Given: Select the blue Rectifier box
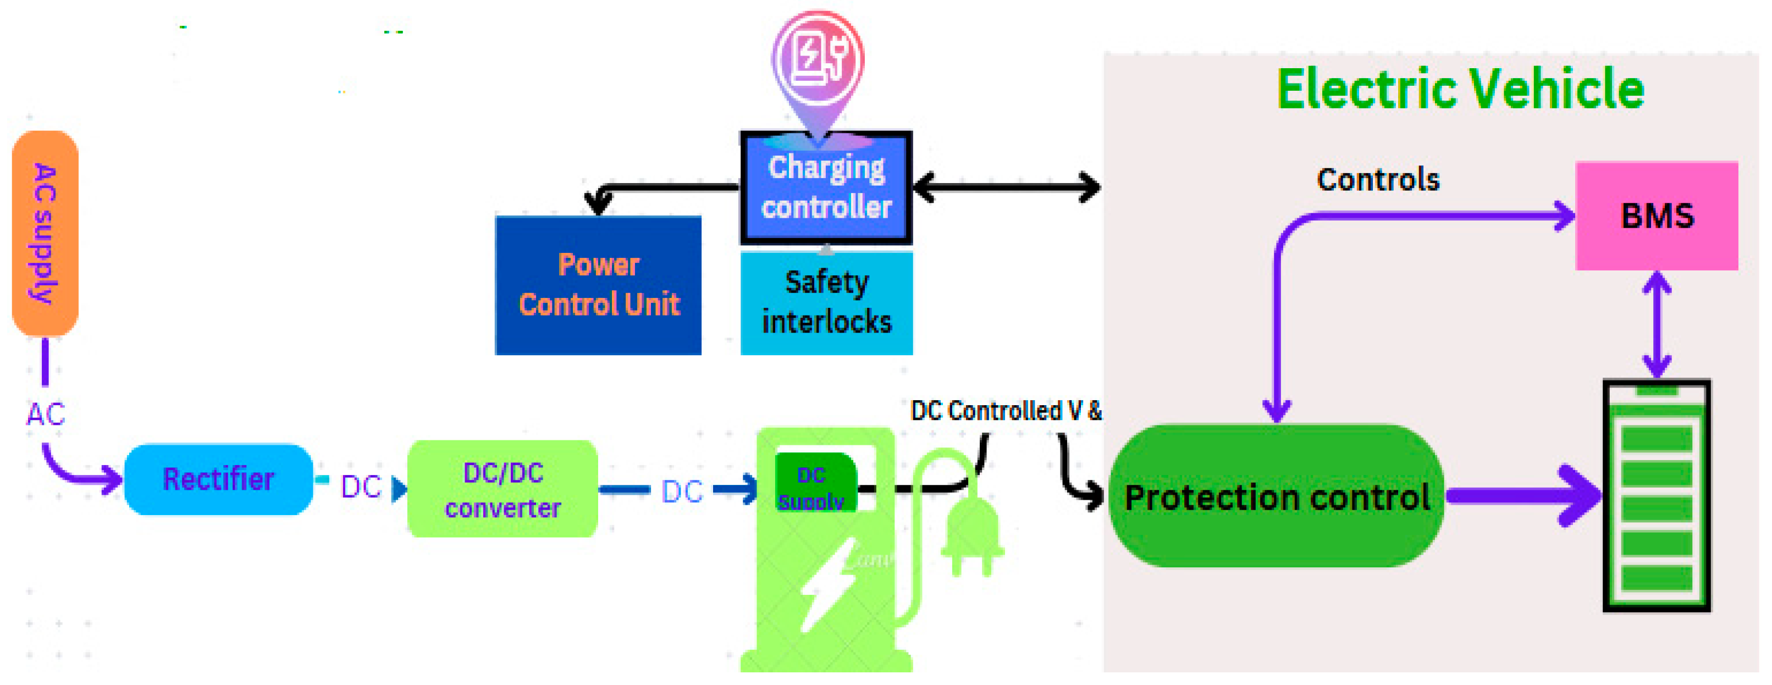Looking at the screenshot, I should click(218, 479).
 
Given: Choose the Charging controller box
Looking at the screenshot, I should click(826, 187).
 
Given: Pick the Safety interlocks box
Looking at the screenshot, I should click(826, 302).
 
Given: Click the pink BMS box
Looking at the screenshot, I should click(1657, 216).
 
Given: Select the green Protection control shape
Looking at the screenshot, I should click(1276, 496).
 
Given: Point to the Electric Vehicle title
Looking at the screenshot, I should click(1460, 90).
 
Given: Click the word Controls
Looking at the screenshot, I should click(1377, 180).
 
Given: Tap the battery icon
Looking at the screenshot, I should click(1657, 495).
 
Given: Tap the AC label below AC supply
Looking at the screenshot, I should click(46, 414).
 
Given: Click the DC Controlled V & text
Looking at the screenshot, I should click(1005, 411).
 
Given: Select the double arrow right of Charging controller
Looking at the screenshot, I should click(1006, 187).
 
